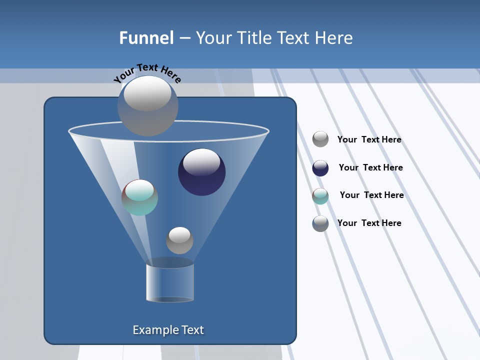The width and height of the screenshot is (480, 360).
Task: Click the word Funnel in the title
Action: point(146,38)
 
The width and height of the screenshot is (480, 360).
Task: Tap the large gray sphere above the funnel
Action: point(148,106)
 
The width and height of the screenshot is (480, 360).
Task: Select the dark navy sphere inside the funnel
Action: point(202,172)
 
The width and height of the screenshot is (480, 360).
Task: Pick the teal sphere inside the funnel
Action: point(139,198)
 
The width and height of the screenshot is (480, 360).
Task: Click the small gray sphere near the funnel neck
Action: point(179,240)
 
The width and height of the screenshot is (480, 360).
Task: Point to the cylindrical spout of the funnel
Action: point(170,282)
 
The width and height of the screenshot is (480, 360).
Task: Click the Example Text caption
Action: point(168,330)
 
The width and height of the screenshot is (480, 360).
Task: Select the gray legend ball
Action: point(320,139)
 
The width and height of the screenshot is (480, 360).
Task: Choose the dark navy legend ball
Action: point(320,168)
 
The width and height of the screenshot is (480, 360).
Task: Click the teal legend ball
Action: point(320,196)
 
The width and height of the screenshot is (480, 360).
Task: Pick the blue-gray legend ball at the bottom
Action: point(320,223)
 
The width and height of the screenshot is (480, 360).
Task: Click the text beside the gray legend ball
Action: point(369,139)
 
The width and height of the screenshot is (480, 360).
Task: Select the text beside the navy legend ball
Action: point(370,167)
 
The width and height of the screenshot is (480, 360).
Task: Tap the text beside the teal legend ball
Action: point(371,195)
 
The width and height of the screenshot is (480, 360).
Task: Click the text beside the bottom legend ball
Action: point(369,223)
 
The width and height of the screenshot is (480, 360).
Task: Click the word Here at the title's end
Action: point(334,38)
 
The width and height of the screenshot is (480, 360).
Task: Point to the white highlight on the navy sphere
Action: point(201,161)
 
